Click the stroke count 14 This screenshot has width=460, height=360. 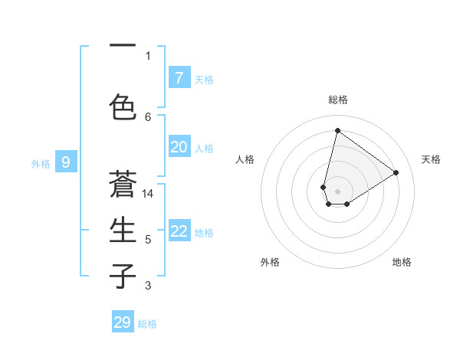click(148, 194)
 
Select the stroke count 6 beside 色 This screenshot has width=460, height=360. click(148, 116)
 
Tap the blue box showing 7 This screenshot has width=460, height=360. click(179, 77)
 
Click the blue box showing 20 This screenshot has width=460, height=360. click(179, 147)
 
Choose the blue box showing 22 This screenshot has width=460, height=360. click(179, 231)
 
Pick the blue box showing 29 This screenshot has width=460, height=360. click(123, 322)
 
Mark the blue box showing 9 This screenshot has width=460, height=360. click(66, 162)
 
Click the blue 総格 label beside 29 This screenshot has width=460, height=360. click(147, 324)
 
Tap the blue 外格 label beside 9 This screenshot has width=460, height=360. click(41, 163)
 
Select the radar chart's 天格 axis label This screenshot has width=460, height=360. click(431, 159)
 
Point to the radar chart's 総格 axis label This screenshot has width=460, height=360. click(337, 100)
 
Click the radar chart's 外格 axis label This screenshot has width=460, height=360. click(270, 262)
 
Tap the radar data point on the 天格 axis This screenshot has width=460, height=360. click(396, 172)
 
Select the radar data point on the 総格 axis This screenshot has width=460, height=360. click(337, 130)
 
